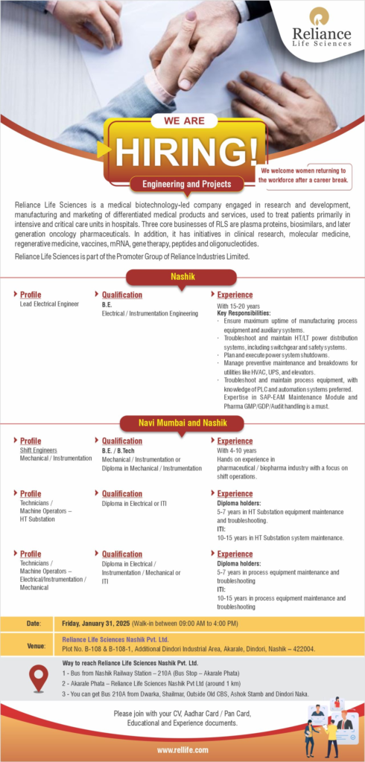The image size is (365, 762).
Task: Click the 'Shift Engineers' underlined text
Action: coord(36,450)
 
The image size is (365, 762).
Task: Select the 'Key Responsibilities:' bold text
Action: coord(244,313)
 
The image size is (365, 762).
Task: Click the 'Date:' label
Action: coord(34,623)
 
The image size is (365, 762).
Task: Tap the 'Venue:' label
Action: coord(35,647)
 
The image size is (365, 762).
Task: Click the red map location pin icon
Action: coord(38,678)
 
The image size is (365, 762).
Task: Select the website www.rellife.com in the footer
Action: coord(182,750)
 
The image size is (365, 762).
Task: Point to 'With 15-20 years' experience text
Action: coord(238,306)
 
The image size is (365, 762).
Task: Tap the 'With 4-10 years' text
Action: coord(236,450)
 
